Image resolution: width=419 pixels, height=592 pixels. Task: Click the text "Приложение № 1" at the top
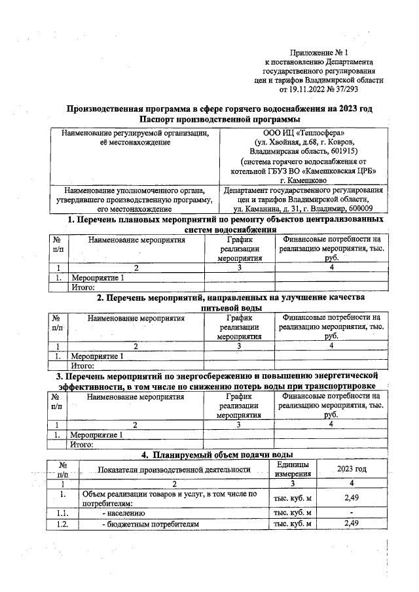coord(324,52)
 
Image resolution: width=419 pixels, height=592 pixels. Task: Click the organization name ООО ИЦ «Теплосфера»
coord(302,133)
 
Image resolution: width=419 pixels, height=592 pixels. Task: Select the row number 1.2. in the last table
coord(63,524)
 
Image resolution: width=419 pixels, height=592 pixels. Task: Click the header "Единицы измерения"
coord(292,468)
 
